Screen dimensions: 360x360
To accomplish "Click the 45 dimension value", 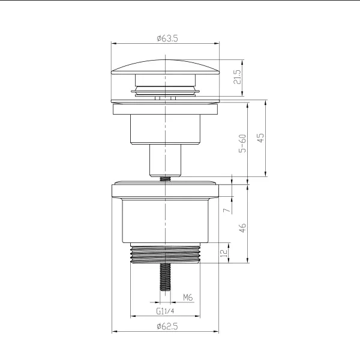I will click(x=261, y=138).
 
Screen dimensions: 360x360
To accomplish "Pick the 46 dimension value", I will click(x=243, y=228).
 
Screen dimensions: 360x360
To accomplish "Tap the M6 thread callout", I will click(x=187, y=297).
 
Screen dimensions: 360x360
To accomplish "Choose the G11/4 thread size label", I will click(x=166, y=311).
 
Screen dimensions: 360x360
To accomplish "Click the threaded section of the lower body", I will click(x=165, y=254).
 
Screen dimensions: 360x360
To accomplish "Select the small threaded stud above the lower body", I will click(x=165, y=177).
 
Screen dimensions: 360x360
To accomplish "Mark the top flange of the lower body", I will click(x=165, y=190).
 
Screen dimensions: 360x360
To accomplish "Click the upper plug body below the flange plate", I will click(x=165, y=129).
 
